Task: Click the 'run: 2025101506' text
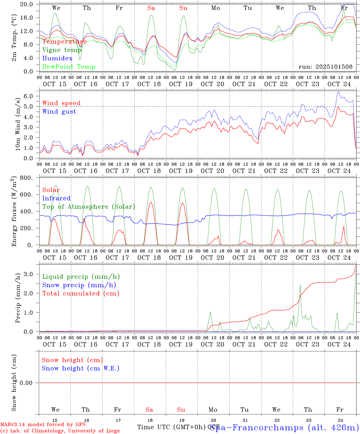[x=325, y=67]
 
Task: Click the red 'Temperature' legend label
[x=65, y=42]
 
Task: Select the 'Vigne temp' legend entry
[x=62, y=50]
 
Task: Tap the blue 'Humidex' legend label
[x=57, y=58]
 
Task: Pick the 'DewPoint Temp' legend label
[x=69, y=67]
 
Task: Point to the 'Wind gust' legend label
[x=59, y=112]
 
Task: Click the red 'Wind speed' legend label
[x=61, y=103]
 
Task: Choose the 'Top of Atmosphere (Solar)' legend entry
[x=88, y=207]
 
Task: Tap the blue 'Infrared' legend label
[x=56, y=198]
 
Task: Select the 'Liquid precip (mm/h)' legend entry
[x=81, y=277]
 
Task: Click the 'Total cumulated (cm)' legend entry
[x=81, y=294]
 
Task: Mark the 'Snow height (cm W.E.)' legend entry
[x=80, y=368]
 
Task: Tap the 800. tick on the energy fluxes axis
[x=27, y=178]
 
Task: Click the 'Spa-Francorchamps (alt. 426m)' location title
[x=285, y=428]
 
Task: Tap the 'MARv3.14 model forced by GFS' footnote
[x=43, y=425]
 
